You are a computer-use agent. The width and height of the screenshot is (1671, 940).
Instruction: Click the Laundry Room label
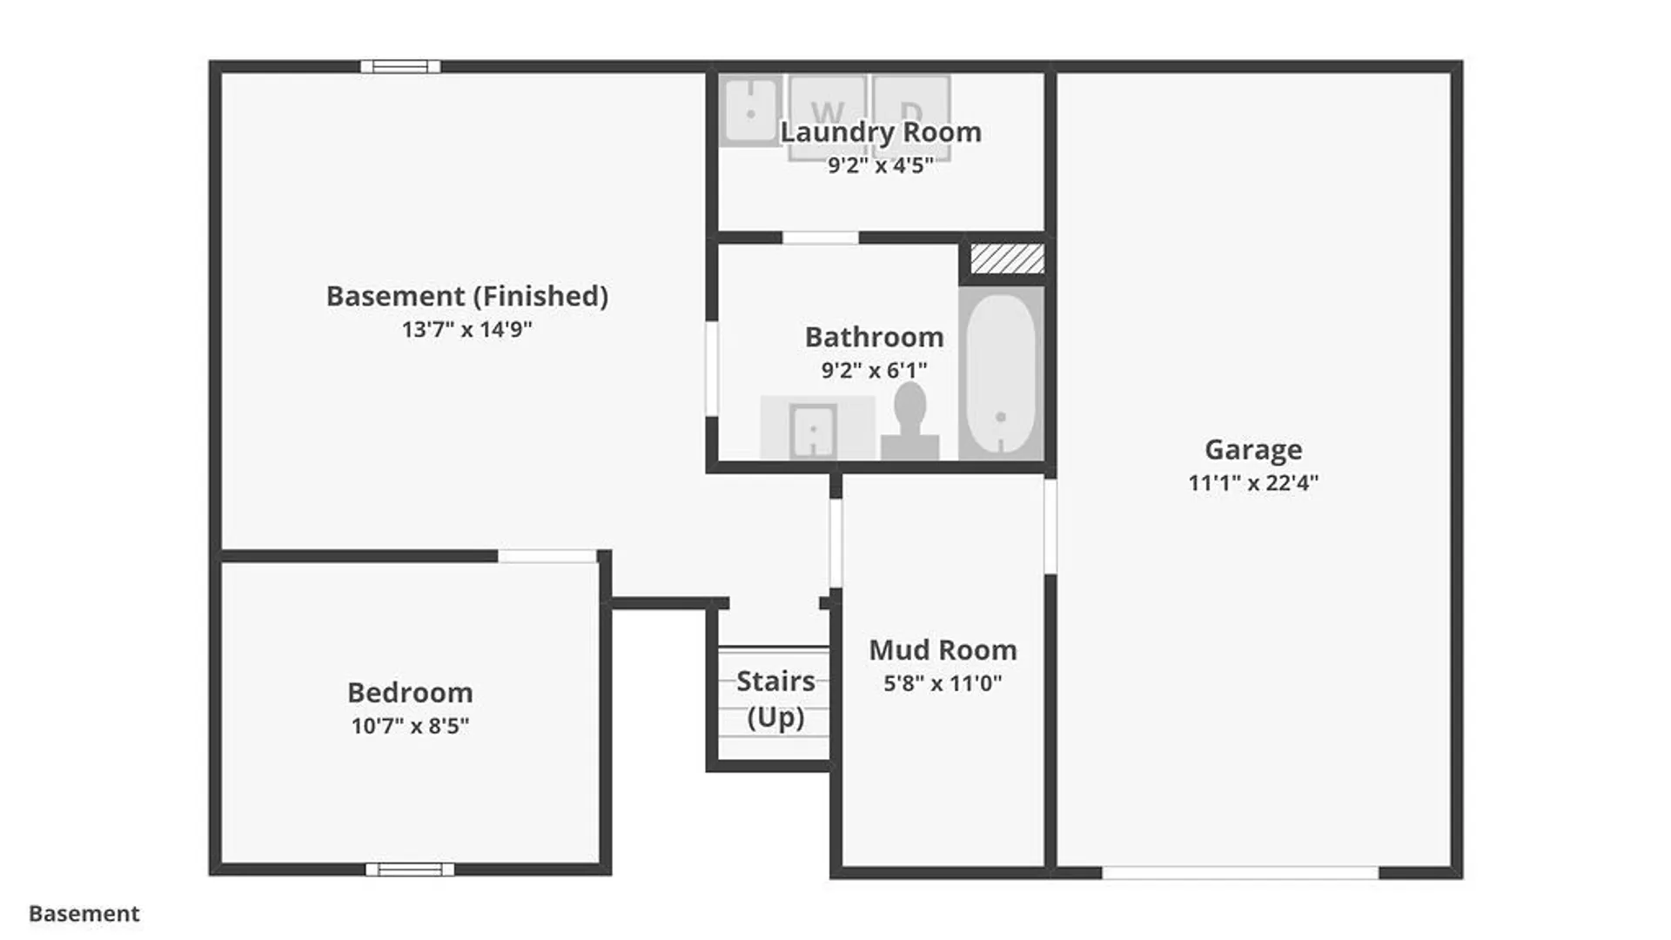click(x=881, y=132)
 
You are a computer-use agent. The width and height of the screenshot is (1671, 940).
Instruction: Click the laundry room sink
click(x=750, y=111)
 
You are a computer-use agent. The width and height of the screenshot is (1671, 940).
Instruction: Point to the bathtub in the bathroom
click(x=1001, y=373)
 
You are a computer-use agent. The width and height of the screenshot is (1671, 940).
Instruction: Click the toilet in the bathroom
click(x=909, y=422)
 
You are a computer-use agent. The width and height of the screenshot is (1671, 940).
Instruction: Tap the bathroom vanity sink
click(x=813, y=430)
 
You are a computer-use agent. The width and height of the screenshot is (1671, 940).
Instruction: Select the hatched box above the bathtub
click(x=1007, y=258)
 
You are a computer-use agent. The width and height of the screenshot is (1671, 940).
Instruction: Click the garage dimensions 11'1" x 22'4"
click(x=1253, y=482)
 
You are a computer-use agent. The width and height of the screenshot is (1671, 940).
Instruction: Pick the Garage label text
click(x=1253, y=449)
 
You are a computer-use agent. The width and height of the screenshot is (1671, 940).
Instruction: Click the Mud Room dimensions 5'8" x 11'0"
click(x=943, y=683)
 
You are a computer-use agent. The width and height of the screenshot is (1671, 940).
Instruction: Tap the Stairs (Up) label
click(x=775, y=699)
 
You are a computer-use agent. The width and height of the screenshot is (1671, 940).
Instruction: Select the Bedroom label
click(x=410, y=693)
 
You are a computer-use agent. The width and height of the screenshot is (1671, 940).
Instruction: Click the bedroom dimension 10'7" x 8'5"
click(x=410, y=726)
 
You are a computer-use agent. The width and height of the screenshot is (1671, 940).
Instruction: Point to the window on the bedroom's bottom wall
click(x=410, y=869)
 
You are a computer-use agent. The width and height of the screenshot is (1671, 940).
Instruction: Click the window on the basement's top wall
click(x=400, y=66)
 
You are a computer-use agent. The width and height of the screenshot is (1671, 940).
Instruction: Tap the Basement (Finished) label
click(x=467, y=296)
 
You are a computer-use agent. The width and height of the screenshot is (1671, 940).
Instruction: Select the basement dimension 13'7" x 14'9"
click(x=467, y=329)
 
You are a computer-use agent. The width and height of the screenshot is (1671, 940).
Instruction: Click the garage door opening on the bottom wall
click(x=1240, y=872)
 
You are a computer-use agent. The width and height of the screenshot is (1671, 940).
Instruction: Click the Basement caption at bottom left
click(x=84, y=913)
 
